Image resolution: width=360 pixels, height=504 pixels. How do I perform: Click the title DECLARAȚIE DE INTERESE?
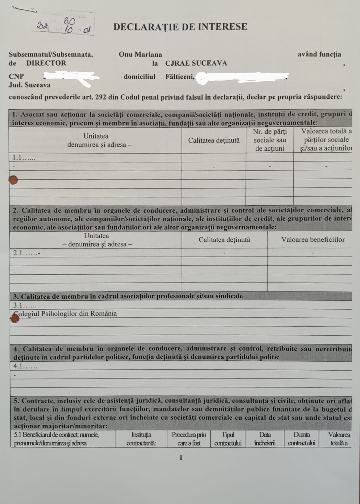point(180,27)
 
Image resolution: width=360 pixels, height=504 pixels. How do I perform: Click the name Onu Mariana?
point(140,55)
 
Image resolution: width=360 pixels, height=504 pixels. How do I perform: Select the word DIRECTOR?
point(46,63)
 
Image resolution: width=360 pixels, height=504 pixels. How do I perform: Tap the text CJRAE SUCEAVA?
point(196,63)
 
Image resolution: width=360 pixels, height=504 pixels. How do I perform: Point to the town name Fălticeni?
point(179,77)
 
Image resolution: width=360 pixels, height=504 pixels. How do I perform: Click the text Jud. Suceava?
point(30,85)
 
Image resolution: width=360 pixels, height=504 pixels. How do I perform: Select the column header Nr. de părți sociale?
point(269,140)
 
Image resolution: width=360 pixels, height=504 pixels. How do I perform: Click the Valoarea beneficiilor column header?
point(313,240)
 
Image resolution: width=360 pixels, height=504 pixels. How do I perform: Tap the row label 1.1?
point(24,158)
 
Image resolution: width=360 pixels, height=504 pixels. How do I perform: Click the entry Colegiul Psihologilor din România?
point(65,313)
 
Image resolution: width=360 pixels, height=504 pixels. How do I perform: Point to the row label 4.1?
point(25,366)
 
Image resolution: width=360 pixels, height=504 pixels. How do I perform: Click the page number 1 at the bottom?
point(181,458)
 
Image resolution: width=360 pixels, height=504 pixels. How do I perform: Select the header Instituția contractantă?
point(141,439)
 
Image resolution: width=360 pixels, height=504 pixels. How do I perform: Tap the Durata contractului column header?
point(301,439)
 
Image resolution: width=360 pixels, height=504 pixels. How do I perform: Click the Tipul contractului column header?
point(228,439)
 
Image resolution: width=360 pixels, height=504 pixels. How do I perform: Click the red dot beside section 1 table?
point(13,180)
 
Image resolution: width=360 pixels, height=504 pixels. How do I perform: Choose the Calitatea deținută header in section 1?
point(214,140)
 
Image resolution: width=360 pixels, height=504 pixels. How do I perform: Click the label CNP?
point(16,76)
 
